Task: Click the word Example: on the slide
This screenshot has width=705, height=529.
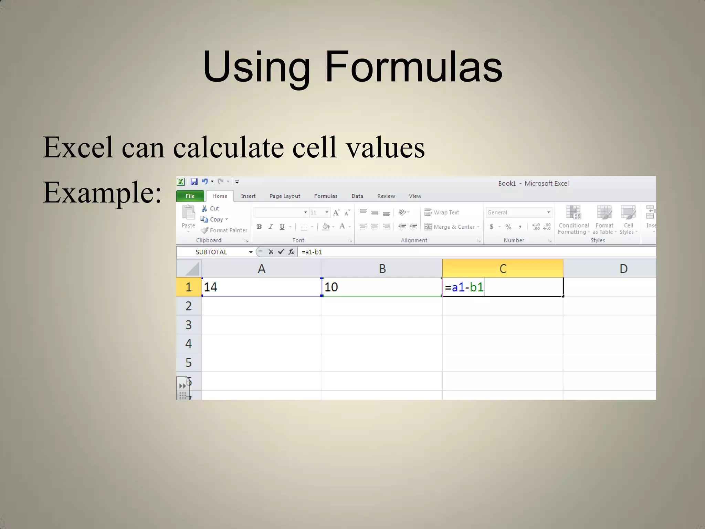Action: click(x=102, y=193)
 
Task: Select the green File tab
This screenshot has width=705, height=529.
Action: click(x=190, y=196)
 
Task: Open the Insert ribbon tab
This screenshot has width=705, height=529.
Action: click(x=248, y=196)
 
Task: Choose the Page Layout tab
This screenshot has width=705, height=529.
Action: click(x=285, y=196)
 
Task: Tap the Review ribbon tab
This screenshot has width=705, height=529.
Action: click(x=386, y=196)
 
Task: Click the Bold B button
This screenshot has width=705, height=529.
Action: click(x=259, y=227)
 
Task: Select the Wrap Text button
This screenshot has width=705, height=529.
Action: click(x=442, y=212)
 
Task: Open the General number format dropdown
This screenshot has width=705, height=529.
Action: click(x=519, y=212)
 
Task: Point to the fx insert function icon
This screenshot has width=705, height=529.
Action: click(x=291, y=252)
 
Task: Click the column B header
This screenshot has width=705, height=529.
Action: click(x=382, y=269)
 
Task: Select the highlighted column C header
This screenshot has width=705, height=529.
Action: click(x=503, y=269)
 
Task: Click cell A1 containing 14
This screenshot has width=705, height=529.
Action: click(x=262, y=287)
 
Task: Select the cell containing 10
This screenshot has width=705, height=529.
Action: click(x=382, y=287)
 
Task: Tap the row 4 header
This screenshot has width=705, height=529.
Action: click(x=188, y=344)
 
